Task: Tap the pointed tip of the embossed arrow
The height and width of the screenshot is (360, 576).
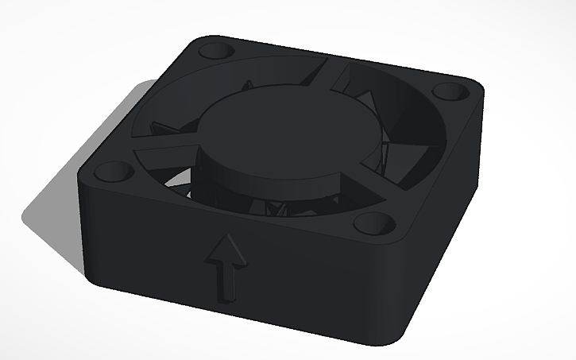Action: [228, 237]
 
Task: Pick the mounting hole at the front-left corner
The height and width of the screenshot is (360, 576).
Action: [111, 171]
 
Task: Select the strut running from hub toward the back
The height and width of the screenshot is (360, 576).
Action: [330, 75]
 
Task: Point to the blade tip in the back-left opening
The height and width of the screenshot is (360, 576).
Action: [163, 127]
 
